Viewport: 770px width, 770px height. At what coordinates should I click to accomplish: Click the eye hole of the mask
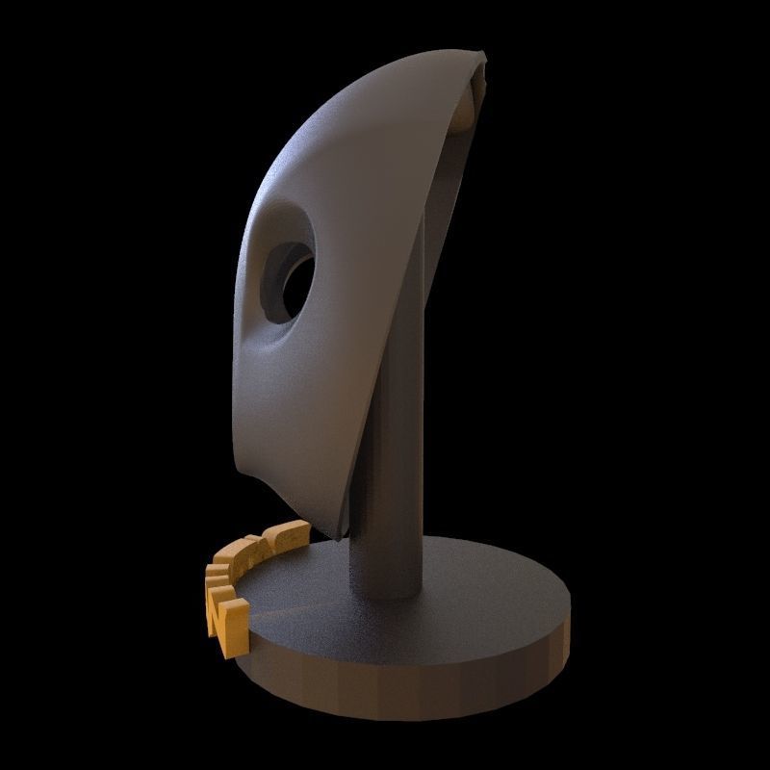pos(291,279)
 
